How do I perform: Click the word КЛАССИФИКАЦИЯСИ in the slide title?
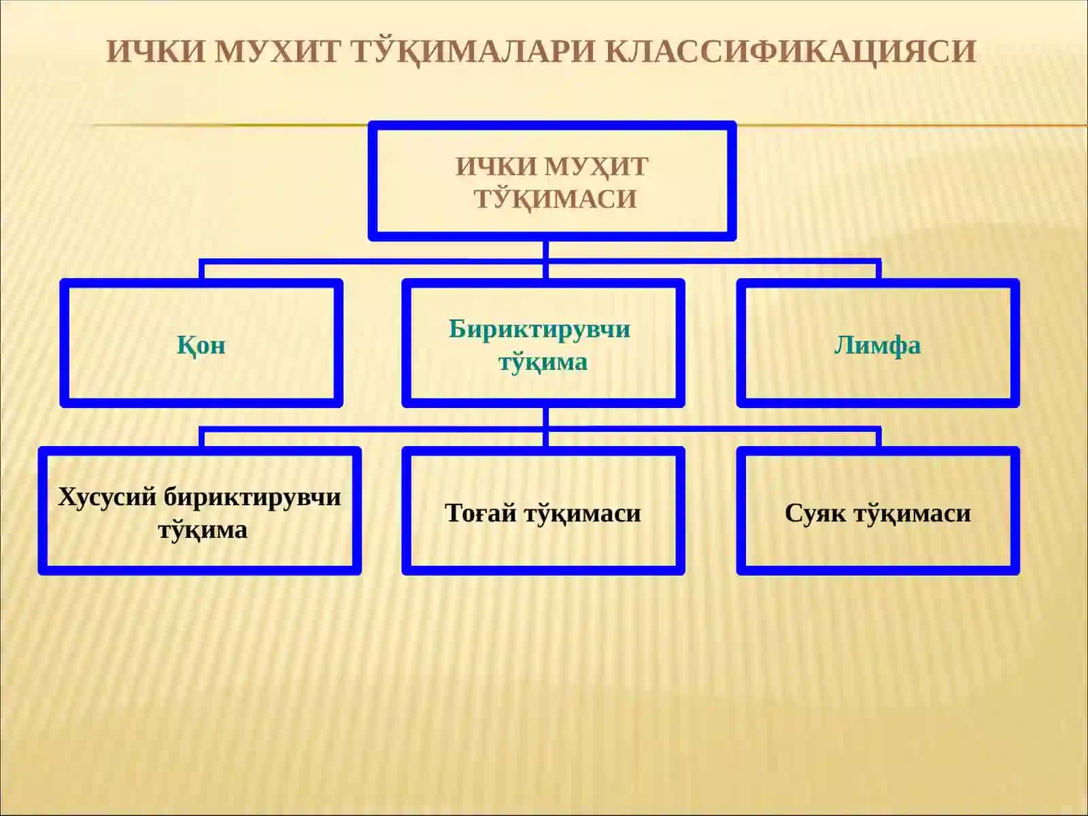point(791,51)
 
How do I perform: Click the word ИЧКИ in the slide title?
point(155,51)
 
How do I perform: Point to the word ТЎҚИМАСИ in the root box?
point(555,199)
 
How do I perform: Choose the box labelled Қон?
point(201,343)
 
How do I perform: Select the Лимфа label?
point(877,345)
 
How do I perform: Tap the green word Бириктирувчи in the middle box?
point(539,330)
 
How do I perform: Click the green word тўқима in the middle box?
point(543,362)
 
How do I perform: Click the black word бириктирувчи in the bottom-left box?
point(252,498)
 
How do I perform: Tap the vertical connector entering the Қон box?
point(202,271)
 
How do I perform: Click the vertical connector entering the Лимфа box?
point(878,271)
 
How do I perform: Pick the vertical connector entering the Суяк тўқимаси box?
point(878,438)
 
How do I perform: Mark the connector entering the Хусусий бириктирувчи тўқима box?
point(202,438)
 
